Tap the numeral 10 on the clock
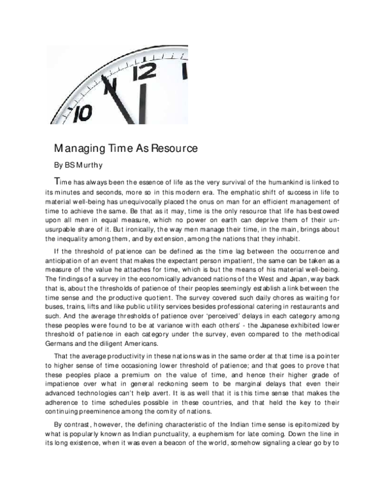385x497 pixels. (x=82, y=112)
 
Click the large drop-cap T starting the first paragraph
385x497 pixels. (x=58, y=180)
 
